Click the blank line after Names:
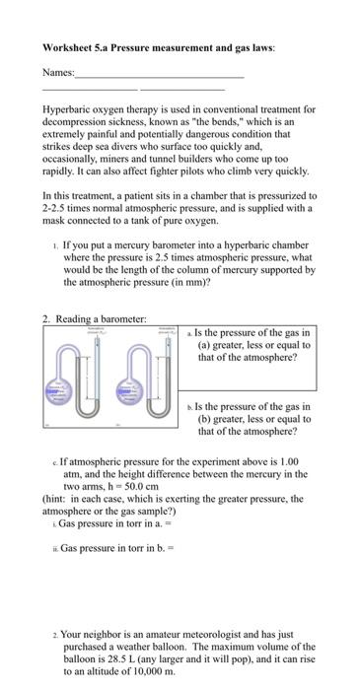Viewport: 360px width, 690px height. pyautogui.click(x=159, y=74)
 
